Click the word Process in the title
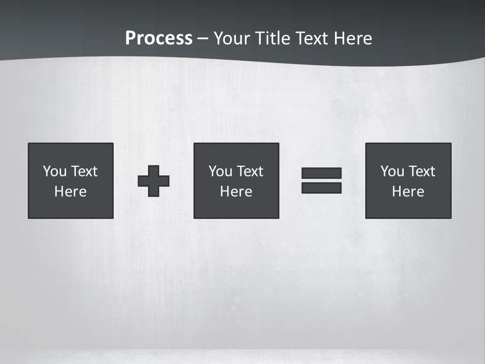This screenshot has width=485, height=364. click(x=159, y=38)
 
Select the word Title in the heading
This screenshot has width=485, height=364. click(x=271, y=38)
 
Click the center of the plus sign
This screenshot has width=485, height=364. click(x=154, y=180)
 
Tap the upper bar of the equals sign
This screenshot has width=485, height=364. click(x=321, y=173)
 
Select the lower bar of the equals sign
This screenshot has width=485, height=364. click(x=321, y=188)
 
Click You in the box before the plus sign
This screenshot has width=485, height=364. click(x=55, y=171)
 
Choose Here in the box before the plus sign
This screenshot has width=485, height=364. click(x=71, y=192)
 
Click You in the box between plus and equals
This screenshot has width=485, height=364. click(x=220, y=171)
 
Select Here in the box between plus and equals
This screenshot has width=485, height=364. click(x=236, y=192)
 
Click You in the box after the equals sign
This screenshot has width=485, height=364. click(x=392, y=171)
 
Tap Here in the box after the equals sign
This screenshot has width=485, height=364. click(x=408, y=192)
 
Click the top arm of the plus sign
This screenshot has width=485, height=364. click(x=154, y=170)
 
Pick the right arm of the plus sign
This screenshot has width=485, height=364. click(x=164, y=180)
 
